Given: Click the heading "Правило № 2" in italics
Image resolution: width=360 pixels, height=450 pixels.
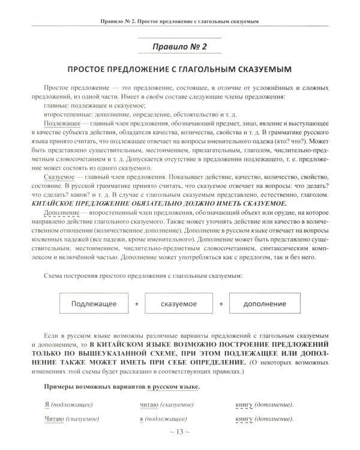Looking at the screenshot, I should [x=179, y=46].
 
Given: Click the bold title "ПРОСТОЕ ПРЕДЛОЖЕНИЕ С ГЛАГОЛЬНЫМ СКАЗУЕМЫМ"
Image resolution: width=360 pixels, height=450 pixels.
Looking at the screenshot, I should [x=179, y=70].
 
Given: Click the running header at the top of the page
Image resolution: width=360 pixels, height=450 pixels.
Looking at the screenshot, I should [x=179, y=22].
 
